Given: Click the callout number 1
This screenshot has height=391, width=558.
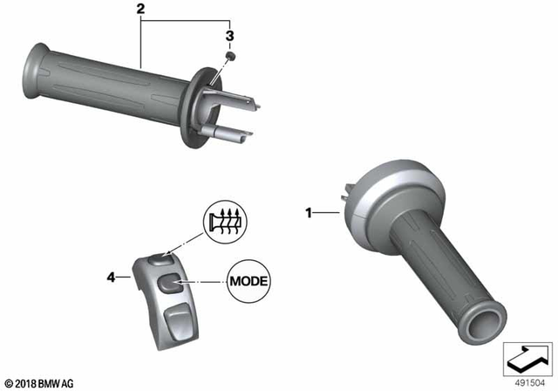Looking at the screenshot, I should (308, 211).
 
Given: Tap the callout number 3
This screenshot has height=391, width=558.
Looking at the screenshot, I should (230, 36).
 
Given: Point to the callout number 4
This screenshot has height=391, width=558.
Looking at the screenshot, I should (111, 278).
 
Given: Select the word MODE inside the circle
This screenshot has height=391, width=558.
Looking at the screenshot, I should (248, 281).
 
